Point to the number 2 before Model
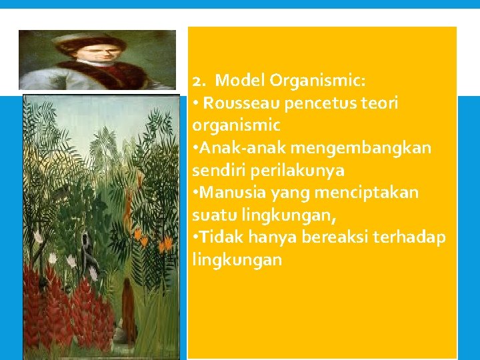click(197, 81)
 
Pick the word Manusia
click(233, 193)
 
